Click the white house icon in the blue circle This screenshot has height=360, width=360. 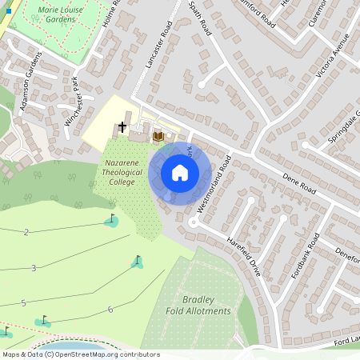point(180,172)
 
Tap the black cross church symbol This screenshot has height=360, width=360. point(122,127)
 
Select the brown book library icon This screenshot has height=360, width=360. point(158,136)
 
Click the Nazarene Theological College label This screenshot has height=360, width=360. point(122,172)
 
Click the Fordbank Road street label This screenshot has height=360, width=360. point(305,255)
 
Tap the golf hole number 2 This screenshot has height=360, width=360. point(26,232)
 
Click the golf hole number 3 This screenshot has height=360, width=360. point(34,268)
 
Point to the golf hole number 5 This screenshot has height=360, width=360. point(23,302)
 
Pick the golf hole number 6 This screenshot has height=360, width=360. point(110,310)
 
